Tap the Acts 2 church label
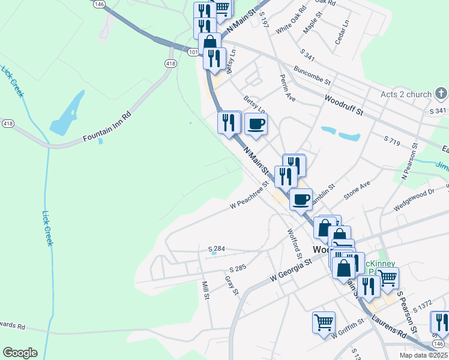tap(406, 94)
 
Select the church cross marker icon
tap(441, 93)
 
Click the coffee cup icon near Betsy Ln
tap(256, 124)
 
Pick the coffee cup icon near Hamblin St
tap(301, 199)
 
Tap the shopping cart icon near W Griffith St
tap(324, 322)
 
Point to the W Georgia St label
tap(291, 270)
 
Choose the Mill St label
tap(206, 290)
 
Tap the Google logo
tap(20, 353)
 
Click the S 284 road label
tap(216, 248)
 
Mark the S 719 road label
tap(391, 139)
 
